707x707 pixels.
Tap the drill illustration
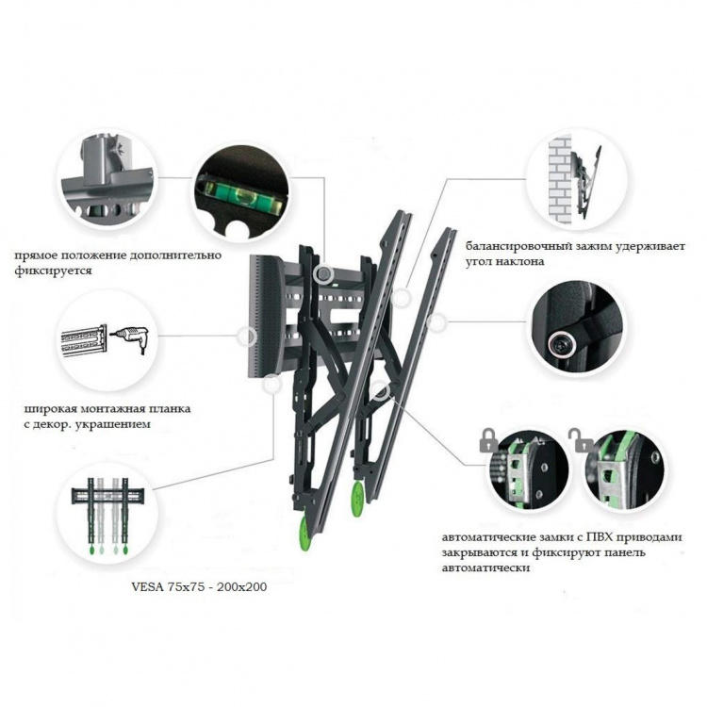[129, 337]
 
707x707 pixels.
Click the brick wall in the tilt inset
[560, 179]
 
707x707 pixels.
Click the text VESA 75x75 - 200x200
[199, 586]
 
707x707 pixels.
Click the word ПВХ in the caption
[600, 537]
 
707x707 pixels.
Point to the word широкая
[50, 409]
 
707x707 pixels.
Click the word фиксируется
[53, 271]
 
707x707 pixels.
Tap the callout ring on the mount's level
[322, 272]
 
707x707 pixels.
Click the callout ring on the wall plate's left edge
[247, 336]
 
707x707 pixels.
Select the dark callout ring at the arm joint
[382, 392]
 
